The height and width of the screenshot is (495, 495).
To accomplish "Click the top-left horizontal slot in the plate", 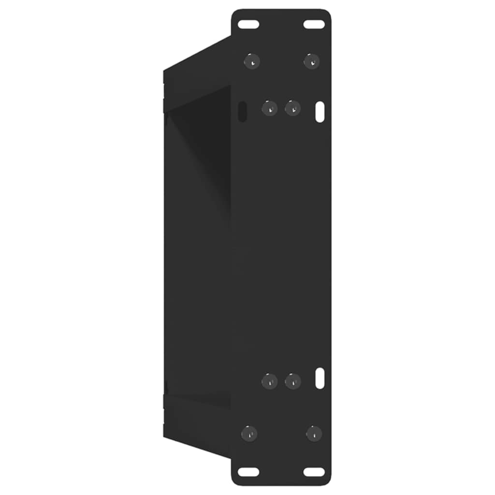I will (x=248, y=24).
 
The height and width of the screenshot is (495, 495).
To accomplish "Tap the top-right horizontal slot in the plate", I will (x=314, y=24).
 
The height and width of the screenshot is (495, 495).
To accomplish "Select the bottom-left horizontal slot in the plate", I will (x=248, y=472).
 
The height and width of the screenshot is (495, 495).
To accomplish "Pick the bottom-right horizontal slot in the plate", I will (x=314, y=472).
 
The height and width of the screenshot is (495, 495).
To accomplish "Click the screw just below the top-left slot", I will (x=252, y=61).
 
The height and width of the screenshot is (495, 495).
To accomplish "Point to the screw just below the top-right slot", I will (x=312, y=61).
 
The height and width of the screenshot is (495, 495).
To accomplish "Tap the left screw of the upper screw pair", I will (x=269, y=108).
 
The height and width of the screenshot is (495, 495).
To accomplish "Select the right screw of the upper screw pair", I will (x=292, y=108).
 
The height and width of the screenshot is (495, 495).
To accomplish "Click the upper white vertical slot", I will (x=320, y=112).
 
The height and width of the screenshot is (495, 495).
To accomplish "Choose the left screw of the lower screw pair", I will (x=269, y=381).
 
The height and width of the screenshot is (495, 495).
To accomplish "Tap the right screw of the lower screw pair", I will (x=292, y=381).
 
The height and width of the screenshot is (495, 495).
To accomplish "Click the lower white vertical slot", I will (x=320, y=379).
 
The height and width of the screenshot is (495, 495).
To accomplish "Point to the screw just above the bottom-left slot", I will (x=249, y=433).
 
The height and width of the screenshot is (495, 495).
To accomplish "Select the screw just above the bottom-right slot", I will (x=314, y=433).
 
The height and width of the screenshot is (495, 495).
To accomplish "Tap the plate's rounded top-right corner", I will (x=328, y=12).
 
